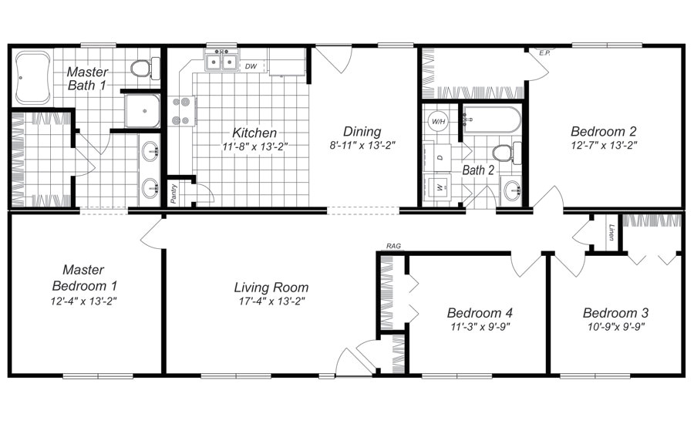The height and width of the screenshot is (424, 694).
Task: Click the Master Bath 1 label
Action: [87, 79]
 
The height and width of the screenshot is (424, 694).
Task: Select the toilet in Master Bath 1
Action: [141, 69]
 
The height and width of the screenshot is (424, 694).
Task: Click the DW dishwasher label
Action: [251, 66]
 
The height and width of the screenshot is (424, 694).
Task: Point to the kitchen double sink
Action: [221, 62]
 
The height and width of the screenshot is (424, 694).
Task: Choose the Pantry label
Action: [173, 193]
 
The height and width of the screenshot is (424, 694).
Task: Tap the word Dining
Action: [362, 132]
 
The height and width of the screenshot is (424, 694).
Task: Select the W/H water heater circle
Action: [438, 121]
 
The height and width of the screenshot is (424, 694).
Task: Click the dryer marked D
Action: [440, 156]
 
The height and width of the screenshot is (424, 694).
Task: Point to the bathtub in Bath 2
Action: [490, 120]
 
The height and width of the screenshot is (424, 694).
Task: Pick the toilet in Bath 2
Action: [504, 153]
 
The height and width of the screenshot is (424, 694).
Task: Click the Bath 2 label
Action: [478, 170]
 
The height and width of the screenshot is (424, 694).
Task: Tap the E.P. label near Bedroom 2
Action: [544, 53]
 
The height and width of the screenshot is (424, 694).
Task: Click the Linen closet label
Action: [611, 232]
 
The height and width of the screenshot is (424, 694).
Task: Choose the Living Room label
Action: [271, 288]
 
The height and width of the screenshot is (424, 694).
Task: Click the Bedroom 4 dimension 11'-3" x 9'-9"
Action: [479, 326]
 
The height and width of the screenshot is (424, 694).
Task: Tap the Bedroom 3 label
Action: [615, 313]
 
